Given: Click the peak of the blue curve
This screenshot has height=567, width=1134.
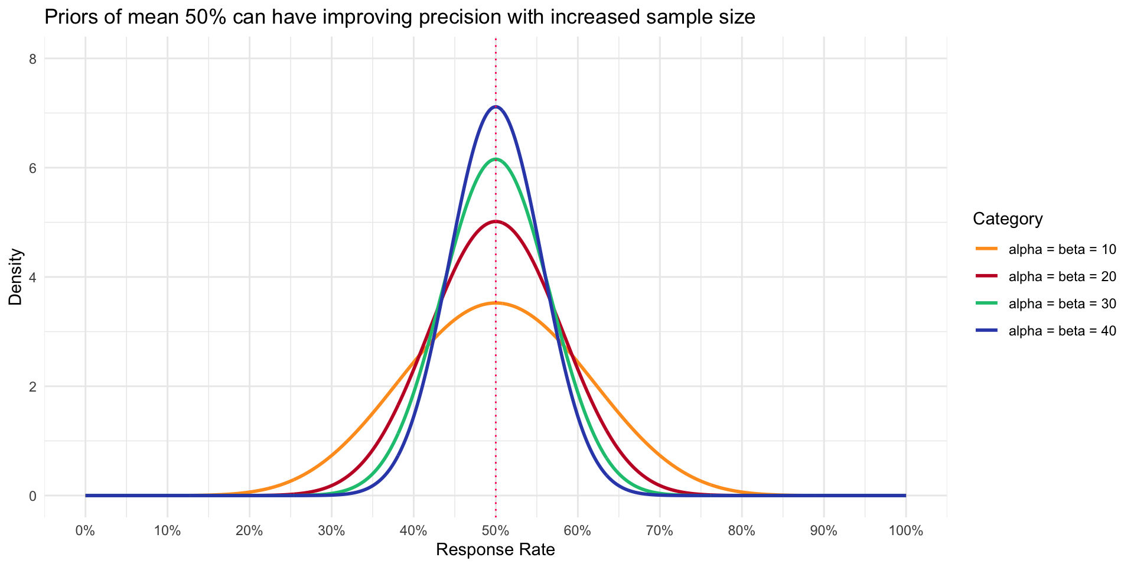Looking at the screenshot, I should (x=496, y=107).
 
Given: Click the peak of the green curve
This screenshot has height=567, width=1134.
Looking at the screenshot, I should (x=496, y=159).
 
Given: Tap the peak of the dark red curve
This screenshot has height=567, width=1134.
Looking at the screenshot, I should (x=496, y=221).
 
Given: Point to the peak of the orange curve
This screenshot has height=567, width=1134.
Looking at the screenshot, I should (x=496, y=303).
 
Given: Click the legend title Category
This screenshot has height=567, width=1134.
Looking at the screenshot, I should (x=1008, y=219).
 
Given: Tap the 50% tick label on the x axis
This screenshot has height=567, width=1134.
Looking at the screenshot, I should (x=496, y=530).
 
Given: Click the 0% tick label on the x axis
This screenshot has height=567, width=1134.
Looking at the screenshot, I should (x=86, y=530).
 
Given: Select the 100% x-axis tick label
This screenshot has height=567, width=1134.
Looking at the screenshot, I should (x=905, y=530).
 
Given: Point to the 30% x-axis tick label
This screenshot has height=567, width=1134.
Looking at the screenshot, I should (x=331, y=530).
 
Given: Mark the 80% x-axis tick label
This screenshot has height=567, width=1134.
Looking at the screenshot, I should (x=742, y=530).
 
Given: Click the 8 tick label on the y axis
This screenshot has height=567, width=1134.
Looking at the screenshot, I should (x=33, y=59).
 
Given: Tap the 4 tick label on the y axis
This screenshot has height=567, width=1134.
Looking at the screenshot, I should (x=33, y=277).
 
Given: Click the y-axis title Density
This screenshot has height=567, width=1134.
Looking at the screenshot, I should (x=16, y=277).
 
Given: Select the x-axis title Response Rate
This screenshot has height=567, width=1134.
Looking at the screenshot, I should (x=496, y=550).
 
